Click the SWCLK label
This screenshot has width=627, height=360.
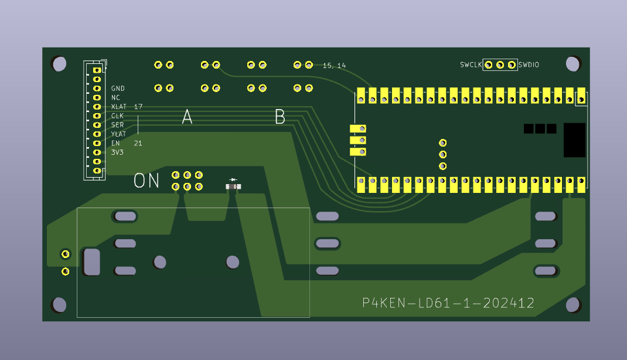tap(471, 65)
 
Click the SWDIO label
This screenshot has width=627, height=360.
tap(529, 65)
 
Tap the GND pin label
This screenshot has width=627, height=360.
tap(118, 89)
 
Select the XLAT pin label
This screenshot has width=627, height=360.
tap(119, 107)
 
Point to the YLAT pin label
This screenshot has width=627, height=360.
tap(119, 134)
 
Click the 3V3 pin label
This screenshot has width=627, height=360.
tap(118, 152)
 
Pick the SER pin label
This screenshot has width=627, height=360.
tap(118, 125)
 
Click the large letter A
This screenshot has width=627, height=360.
tap(187, 117)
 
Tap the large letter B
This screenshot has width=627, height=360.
tap(280, 117)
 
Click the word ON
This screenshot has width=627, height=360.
tap(146, 181)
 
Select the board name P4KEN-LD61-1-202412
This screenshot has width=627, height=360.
tap(448, 303)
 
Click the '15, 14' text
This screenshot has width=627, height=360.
tap(334, 66)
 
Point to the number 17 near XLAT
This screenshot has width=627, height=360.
tap(138, 107)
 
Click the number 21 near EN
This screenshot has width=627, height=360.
tap(138, 143)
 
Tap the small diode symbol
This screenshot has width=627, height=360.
tap(233, 179)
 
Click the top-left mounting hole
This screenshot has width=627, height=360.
tap(59, 64)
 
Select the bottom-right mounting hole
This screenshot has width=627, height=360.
tap(573, 305)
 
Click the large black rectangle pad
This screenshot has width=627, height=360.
tap(574, 140)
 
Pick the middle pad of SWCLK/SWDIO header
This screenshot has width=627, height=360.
tap(500, 64)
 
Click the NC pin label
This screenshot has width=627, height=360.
tap(115, 97)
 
